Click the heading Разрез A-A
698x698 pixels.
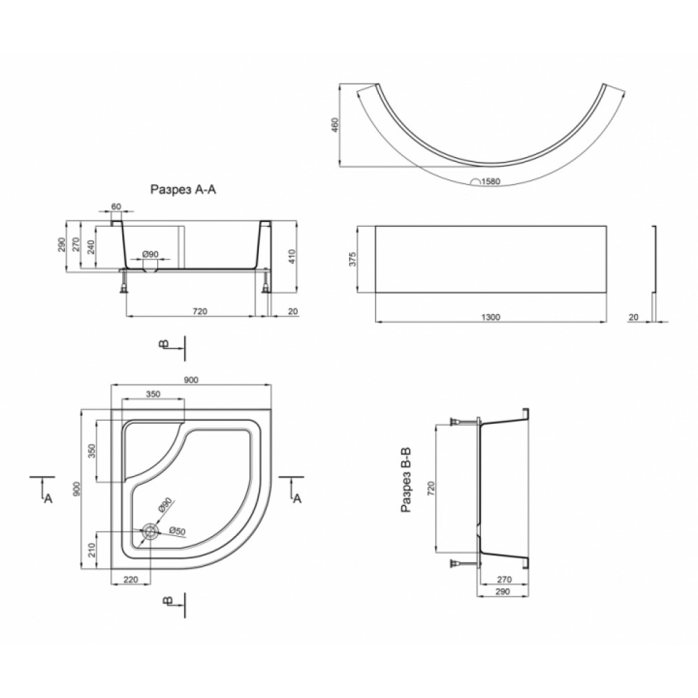tap(183, 190)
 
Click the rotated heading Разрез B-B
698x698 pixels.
tap(406, 480)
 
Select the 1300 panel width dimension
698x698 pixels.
tap(491, 317)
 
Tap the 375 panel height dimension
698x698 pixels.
tap(352, 259)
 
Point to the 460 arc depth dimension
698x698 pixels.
tap(335, 125)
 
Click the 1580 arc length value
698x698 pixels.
tap(491, 181)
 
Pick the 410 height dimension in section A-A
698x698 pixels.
tap(292, 256)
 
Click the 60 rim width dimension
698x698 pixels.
tap(116, 207)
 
